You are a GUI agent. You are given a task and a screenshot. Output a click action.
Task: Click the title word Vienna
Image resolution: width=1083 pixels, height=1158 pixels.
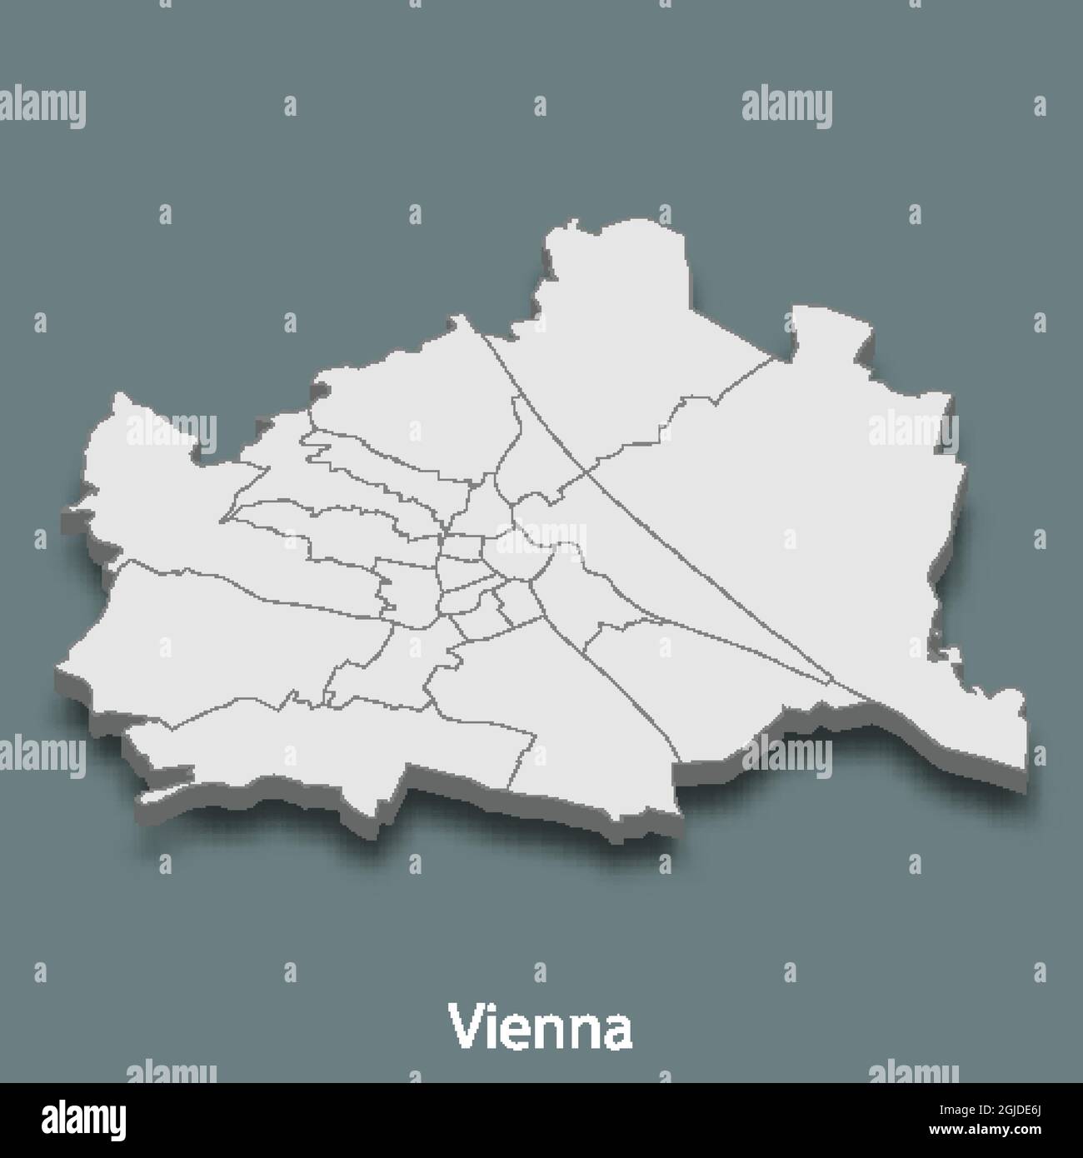click(x=541, y=1027)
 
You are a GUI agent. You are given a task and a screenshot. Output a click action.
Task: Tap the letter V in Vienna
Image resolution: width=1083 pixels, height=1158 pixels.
click(x=464, y=1027)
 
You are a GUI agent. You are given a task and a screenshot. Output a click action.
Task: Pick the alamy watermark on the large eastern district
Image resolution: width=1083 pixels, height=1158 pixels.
click(x=913, y=431)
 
